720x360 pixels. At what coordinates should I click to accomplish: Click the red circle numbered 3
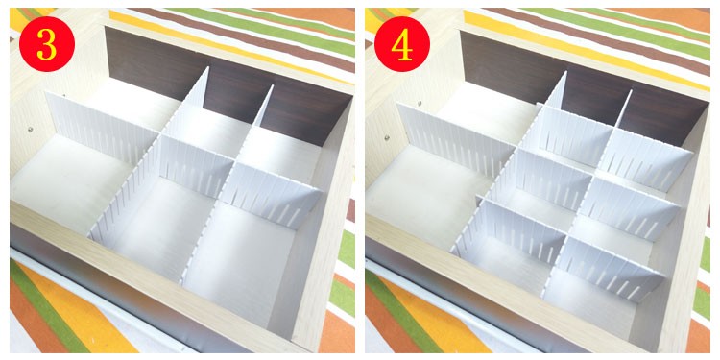47,44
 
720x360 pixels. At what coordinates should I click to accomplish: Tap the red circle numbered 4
402,44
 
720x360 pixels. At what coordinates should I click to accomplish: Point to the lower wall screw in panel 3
31,130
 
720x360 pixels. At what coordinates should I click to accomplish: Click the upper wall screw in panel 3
63,96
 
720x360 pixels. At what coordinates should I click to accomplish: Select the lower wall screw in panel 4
387,137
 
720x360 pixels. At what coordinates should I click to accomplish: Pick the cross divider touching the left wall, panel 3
102,127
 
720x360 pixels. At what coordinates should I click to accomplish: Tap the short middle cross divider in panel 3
197,164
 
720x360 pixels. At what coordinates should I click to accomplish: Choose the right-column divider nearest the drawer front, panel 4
610,270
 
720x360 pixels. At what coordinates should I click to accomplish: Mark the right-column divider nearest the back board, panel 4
646,158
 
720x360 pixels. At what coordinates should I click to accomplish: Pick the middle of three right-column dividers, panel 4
629,208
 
